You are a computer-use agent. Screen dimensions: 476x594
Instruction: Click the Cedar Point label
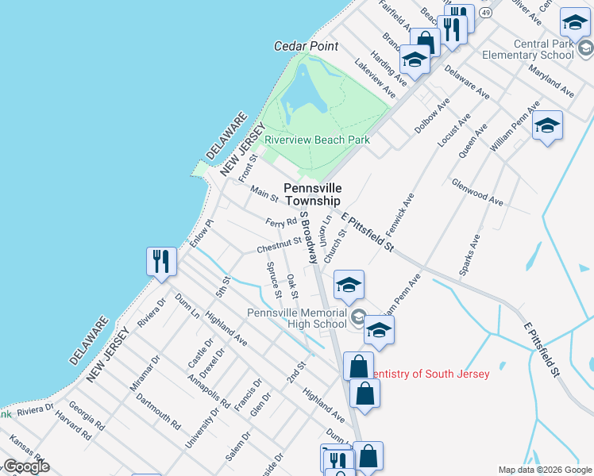(306, 47)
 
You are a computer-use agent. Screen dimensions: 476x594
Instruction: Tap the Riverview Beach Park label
(317, 140)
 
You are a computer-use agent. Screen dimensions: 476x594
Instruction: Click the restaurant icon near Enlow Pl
(162, 261)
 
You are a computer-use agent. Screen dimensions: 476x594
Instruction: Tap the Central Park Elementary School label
(532, 49)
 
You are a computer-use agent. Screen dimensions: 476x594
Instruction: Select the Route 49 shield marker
(485, 13)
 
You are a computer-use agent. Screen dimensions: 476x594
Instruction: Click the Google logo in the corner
(25, 466)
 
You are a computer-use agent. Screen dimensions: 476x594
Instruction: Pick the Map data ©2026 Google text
(545, 470)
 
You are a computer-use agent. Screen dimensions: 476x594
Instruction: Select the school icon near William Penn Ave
(546, 126)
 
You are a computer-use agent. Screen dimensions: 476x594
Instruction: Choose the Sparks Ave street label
(470, 255)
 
